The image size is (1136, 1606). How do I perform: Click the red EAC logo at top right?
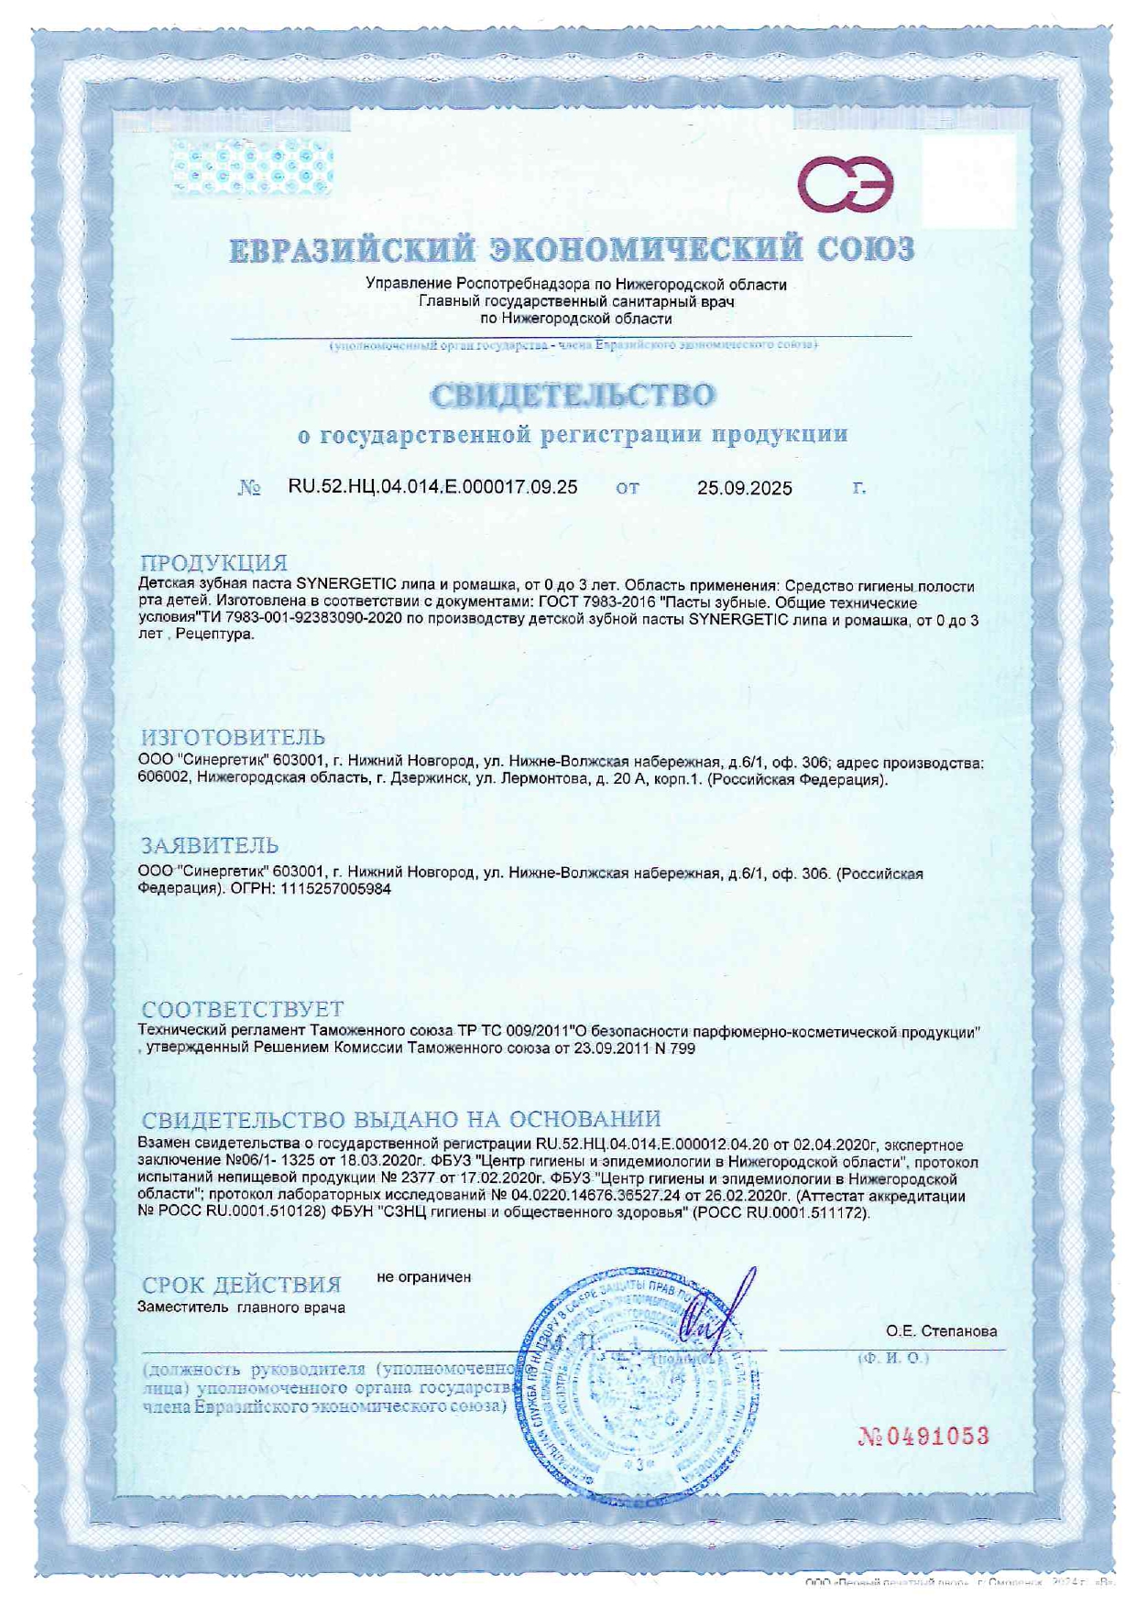tap(845, 183)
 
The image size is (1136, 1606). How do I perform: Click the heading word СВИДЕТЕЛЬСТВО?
tap(573, 396)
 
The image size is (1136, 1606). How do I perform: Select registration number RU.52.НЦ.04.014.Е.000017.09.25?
tap(432, 487)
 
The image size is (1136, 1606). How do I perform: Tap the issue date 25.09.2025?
tap(744, 488)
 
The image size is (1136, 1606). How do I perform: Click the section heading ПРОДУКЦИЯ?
tap(213, 562)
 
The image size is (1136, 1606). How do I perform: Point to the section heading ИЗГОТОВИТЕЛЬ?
tap(233, 737)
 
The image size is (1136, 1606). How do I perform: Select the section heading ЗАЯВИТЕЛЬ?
tap(209, 845)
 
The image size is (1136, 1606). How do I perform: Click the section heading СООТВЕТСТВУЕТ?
tap(243, 1009)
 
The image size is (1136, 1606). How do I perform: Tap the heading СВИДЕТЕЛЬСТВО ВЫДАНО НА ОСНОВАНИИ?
tap(401, 1119)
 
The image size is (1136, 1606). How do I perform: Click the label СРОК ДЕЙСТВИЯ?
tap(242, 1285)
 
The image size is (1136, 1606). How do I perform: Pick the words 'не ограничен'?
tap(424, 1277)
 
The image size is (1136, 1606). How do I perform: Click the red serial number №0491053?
tap(923, 1436)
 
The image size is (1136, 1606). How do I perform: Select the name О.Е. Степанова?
tap(941, 1331)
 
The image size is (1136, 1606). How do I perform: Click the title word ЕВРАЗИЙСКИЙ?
tap(353, 249)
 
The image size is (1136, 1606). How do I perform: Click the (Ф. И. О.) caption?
tap(892, 1358)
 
